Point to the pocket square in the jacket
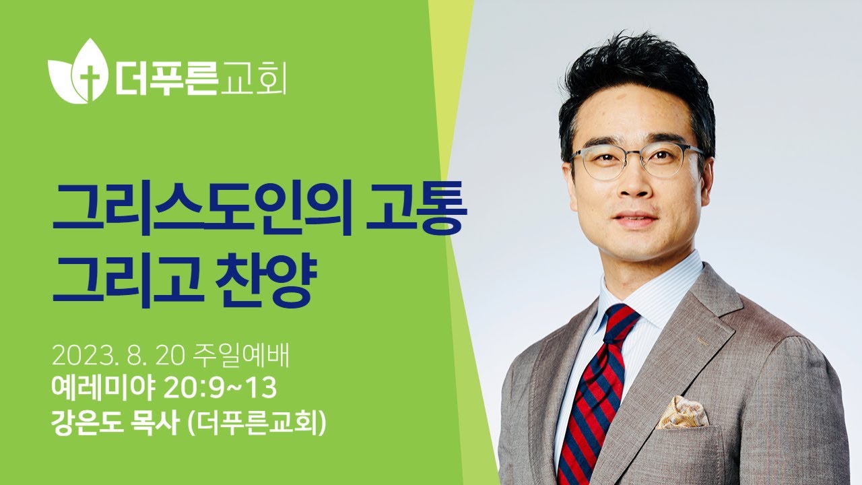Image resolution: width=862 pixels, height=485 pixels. click(x=682, y=412)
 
